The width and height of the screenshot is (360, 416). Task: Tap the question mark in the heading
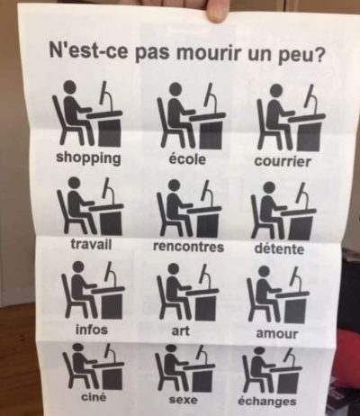point(319,56)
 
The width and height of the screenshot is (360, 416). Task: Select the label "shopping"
point(88,158)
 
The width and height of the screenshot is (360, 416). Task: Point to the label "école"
point(187,158)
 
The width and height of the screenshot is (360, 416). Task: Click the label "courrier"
point(283,161)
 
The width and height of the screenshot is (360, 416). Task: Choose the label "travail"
point(91,244)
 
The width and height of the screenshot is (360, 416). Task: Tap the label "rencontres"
point(189,247)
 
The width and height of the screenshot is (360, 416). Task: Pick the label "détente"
point(279,249)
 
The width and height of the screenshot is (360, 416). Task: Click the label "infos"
point(92,330)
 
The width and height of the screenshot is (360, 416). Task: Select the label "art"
point(180,330)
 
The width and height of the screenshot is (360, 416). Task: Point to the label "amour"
point(276,334)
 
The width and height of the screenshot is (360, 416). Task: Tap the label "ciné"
point(94,398)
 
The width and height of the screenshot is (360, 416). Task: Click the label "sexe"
point(183,400)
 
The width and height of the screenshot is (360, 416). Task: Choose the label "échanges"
point(267,401)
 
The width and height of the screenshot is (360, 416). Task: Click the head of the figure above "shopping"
point(69,87)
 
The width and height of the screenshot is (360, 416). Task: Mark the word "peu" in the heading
point(295,56)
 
